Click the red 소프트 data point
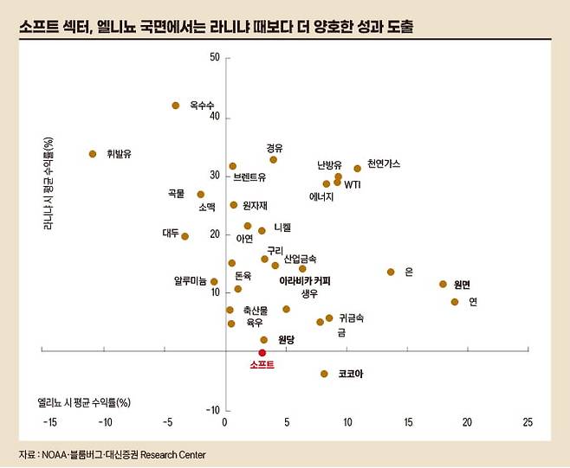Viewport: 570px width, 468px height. pos(262,352)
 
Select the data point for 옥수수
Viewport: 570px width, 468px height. pos(175,106)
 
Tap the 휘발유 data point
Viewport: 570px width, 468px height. pos(93,154)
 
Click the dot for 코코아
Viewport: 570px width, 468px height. pos(324,374)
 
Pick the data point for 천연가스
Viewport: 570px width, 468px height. pos(357,168)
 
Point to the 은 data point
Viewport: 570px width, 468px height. pos(391,272)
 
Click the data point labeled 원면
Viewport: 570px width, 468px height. pos(443,284)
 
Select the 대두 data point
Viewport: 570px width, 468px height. pos(185,236)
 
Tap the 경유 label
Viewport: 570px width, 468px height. pos(275,148)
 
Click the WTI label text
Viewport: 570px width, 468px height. pos(353,184)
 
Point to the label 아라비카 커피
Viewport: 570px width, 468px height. pos(305,281)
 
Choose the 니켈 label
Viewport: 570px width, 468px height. pos(282,228)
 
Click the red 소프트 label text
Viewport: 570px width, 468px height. pos(262,365)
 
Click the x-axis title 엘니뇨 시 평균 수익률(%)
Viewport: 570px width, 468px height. pos(84,402)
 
